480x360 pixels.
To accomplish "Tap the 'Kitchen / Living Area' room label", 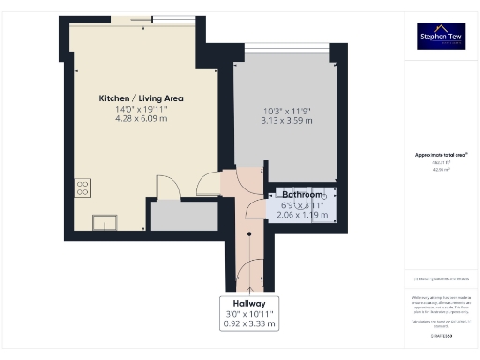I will point(142,98).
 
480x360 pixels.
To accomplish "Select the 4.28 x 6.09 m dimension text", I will point(142,119).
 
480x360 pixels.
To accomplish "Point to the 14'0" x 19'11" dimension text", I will point(142,109).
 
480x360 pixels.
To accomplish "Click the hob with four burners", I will point(82,186).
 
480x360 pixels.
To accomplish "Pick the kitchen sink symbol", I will point(103,221).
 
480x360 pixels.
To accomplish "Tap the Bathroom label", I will point(302,194).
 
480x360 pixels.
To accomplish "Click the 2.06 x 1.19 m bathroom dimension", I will point(302,215).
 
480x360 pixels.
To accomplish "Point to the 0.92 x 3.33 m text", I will point(249,324).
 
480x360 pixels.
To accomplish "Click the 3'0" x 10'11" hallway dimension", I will point(249,314).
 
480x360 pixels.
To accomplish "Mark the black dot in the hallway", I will point(249,234).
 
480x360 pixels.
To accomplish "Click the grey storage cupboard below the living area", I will point(183,217).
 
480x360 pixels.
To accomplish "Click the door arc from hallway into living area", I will point(214,180).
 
